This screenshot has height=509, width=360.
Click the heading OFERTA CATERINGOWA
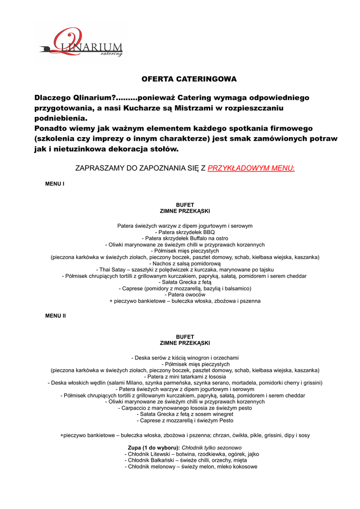coord(182,79)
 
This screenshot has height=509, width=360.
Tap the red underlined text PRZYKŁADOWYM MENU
coord(251,169)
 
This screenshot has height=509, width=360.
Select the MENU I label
coord(55,184)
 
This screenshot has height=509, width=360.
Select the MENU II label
coord(56,316)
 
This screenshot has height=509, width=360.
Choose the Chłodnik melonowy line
coord(191,467)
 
